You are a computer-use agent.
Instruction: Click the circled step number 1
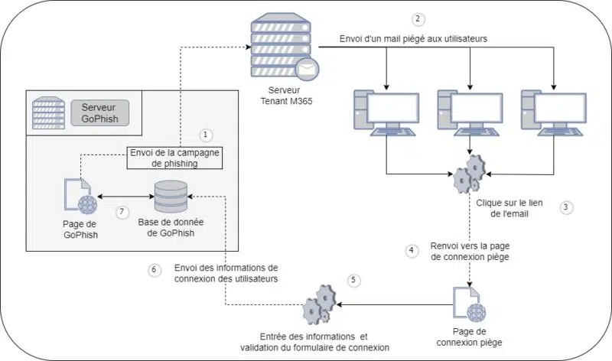click(205, 135)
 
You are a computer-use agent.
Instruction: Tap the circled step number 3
click(565, 207)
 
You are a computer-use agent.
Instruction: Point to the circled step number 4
click(412, 250)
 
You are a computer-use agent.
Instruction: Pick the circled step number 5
click(353, 280)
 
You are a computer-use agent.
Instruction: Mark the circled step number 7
click(122, 212)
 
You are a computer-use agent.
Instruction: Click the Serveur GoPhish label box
click(100, 112)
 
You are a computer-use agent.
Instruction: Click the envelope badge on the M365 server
click(308, 70)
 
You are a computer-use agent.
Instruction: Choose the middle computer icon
click(469, 112)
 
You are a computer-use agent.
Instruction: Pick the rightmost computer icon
click(552, 112)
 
